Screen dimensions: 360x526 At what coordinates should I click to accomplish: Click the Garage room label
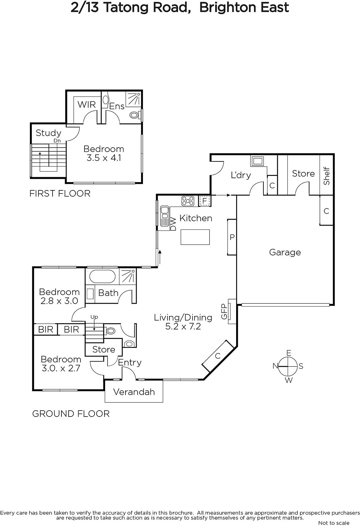click(x=285, y=252)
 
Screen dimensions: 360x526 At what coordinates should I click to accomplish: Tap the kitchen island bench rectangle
click(x=195, y=237)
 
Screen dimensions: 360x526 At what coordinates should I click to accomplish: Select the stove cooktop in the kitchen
click(x=188, y=201)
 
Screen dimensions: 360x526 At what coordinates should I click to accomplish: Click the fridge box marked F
click(x=204, y=201)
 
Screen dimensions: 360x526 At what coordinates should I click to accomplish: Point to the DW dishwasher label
click(x=173, y=224)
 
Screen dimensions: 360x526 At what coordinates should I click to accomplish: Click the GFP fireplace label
click(x=224, y=312)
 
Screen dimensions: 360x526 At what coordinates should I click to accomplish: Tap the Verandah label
click(x=134, y=392)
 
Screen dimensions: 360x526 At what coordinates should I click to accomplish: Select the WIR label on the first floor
click(x=87, y=105)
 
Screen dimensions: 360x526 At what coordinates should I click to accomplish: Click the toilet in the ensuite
click(x=135, y=115)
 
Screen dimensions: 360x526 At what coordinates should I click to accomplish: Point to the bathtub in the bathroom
click(x=102, y=276)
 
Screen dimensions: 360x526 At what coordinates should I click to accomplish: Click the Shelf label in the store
click(x=326, y=176)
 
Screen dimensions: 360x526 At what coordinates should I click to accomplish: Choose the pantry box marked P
click(x=232, y=237)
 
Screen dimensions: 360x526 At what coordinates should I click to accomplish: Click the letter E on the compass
click(x=289, y=353)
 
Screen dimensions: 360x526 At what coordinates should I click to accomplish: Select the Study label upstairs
click(x=48, y=133)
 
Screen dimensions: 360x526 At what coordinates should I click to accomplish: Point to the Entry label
click(x=129, y=363)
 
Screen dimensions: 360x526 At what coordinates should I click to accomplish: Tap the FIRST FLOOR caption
click(x=60, y=194)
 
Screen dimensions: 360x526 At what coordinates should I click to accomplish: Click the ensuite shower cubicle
click(x=133, y=99)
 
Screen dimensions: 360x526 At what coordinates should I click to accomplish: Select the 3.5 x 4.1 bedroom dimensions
click(x=104, y=158)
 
